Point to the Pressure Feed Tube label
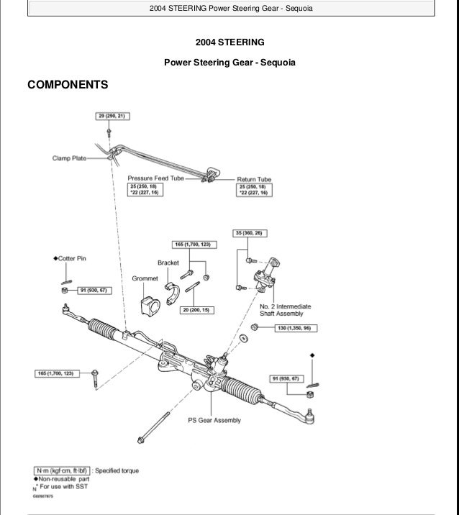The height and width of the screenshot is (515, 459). click(x=156, y=178)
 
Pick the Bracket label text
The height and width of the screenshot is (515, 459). click(x=168, y=263)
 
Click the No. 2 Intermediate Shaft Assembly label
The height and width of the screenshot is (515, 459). click(x=281, y=309)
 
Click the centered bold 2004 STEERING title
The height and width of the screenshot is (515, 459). click(x=229, y=42)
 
